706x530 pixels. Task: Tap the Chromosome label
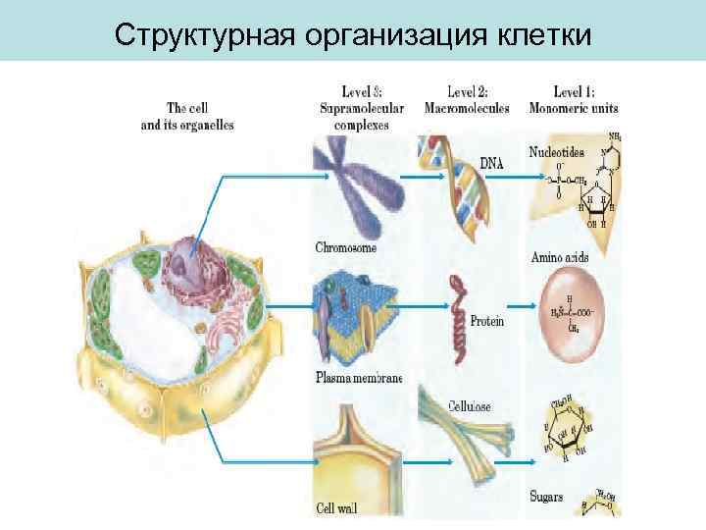pyautogui.click(x=346, y=247)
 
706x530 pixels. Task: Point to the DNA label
pyautogui.click(x=492, y=164)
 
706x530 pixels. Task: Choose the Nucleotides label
pyautogui.click(x=556, y=152)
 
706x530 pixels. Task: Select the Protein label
pyautogui.click(x=487, y=321)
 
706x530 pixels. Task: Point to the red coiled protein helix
pyautogui.click(x=456, y=313)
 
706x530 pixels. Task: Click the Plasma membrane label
pyautogui.click(x=358, y=377)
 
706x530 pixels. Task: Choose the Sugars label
pyautogui.click(x=546, y=498)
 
